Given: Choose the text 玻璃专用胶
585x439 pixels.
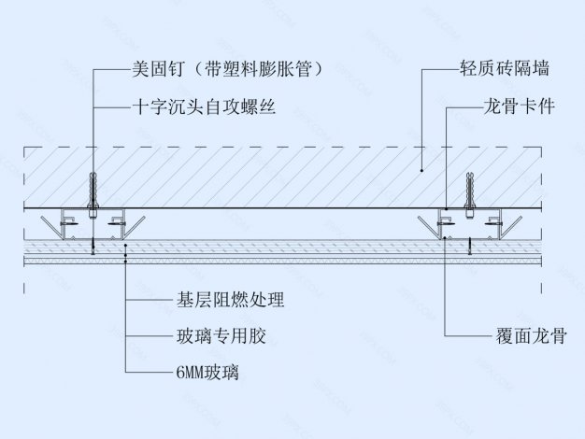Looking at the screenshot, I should [x=209, y=335].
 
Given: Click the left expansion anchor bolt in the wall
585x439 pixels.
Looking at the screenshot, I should [x=93, y=192].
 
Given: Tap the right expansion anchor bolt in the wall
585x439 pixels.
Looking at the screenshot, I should [x=470, y=192].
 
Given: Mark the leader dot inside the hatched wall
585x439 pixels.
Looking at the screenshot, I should [x=421, y=170].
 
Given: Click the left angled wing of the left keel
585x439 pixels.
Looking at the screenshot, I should [x=48, y=224].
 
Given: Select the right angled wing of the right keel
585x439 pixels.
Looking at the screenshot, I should [x=517, y=224].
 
